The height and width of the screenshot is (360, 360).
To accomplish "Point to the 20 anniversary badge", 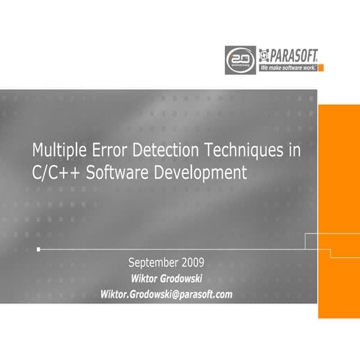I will (x=240, y=58).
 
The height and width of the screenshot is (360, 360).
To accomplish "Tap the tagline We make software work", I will (x=289, y=67).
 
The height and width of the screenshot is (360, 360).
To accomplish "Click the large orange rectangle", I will (x=338, y=210).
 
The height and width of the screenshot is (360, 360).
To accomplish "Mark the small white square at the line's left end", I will (x=38, y=248).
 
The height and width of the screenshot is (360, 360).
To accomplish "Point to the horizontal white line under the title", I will (x=172, y=248).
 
